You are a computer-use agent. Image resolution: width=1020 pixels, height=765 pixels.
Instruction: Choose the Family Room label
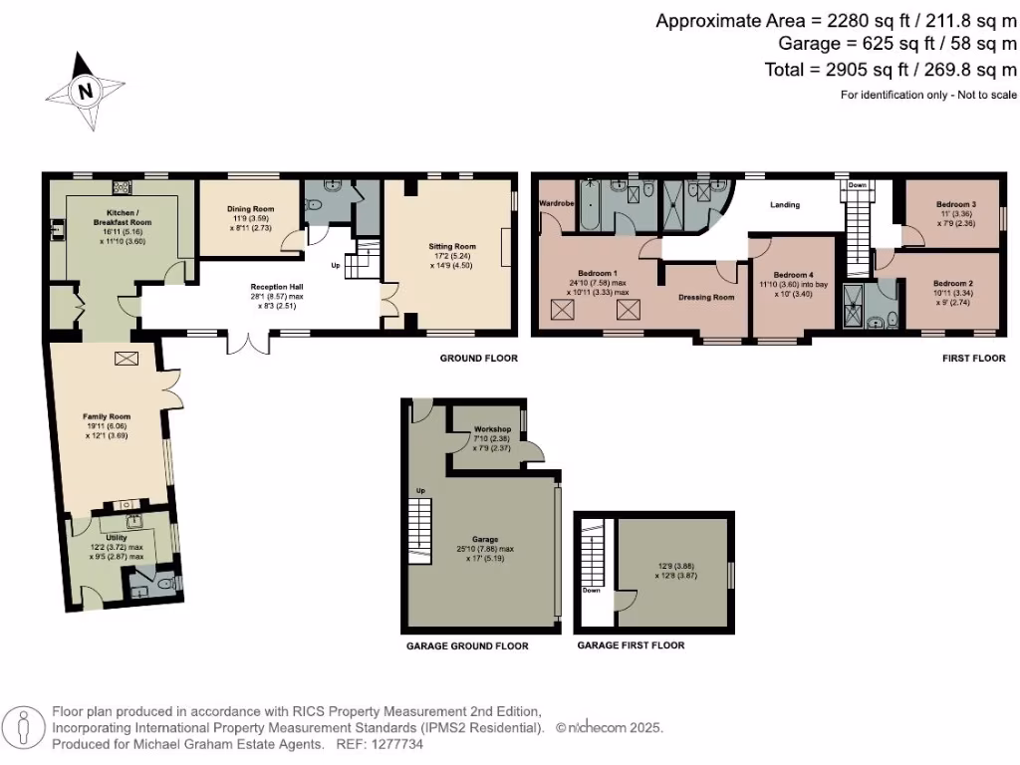[x=106, y=416]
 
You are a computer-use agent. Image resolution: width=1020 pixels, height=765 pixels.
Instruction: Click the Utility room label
[x=116, y=537]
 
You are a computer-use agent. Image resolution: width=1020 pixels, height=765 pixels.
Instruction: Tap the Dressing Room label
[x=706, y=297]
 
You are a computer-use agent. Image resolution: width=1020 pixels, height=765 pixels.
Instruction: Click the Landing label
[x=785, y=205]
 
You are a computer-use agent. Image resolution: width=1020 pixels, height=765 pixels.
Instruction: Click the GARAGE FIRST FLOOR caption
[x=630, y=645]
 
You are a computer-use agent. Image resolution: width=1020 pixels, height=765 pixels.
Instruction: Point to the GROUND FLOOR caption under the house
[x=479, y=358]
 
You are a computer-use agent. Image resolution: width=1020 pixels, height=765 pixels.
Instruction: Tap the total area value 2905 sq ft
[x=857, y=70]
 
